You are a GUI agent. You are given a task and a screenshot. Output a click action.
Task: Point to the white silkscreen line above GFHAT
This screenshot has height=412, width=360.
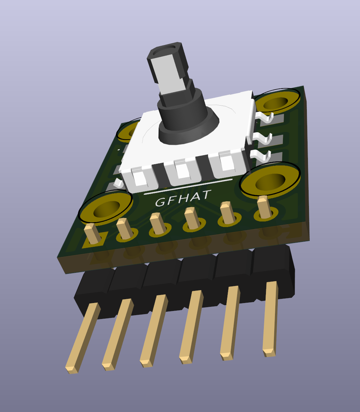pos(187,187)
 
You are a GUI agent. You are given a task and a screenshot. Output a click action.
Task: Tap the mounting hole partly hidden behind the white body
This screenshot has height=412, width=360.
pos(129,132)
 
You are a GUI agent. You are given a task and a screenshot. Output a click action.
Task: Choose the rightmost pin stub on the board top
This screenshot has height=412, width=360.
pos(264,207)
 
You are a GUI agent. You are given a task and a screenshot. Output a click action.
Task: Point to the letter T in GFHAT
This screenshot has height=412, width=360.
pos(206,195)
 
